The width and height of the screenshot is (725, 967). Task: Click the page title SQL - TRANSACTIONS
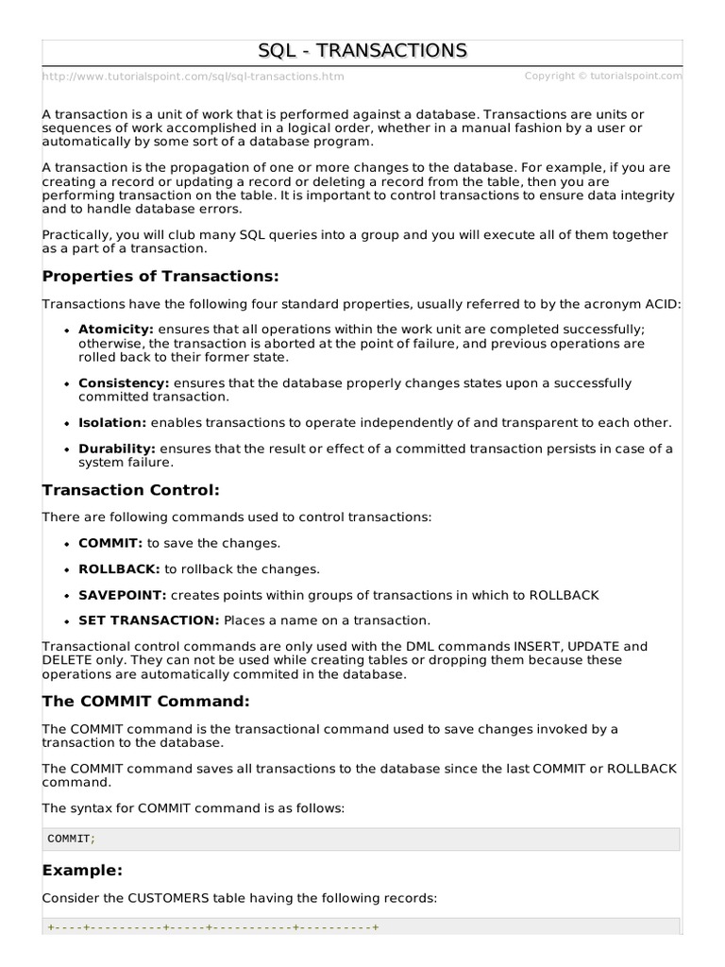click(x=362, y=50)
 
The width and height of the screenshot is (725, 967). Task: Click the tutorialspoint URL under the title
click(x=194, y=76)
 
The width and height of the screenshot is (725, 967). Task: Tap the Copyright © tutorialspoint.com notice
click(x=602, y=76)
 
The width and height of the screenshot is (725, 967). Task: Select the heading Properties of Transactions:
click(x=160, y=277)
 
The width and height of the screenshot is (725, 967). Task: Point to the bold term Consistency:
click(x=123, y=383)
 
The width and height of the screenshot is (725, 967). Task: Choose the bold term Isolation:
click(x=112, y=422)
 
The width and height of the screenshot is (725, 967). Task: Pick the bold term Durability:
click(x=117, y=449)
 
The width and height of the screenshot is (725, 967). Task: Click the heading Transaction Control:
click(x=131, y=490)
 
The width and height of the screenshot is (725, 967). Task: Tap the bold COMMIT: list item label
click(x=110, y=543)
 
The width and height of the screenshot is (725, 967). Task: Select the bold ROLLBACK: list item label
click(x=119, y=568)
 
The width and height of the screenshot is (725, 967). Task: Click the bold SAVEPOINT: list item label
click(x=122, y=595)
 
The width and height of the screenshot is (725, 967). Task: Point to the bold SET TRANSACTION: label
click(x=148, y=620)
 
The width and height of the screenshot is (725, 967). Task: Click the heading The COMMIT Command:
click(x=146, y=702)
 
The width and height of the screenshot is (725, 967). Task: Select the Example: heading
click(x=83, y=870)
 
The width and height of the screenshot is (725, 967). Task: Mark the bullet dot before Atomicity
click(x=68, y=330)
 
